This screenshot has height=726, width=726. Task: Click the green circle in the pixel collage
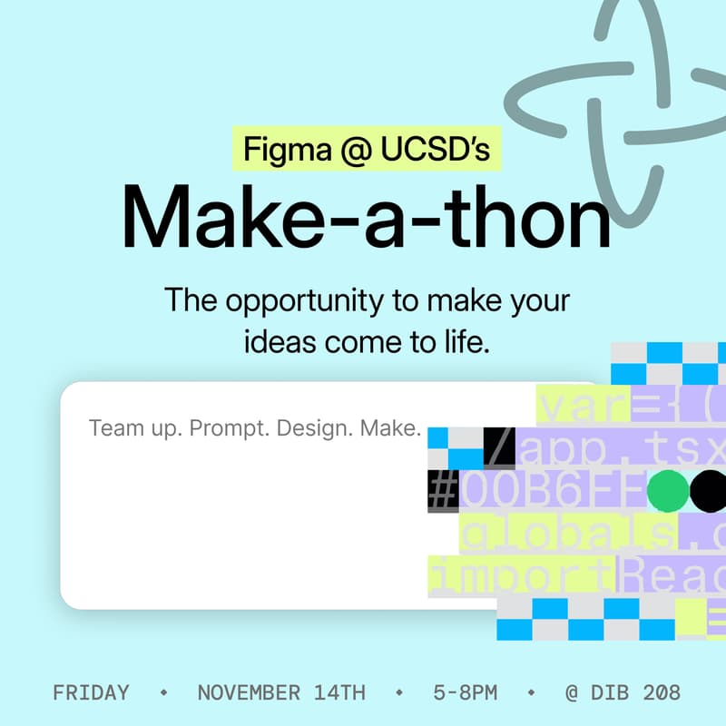668,491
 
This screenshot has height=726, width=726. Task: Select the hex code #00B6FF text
535,491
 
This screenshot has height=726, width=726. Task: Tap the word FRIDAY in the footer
91,692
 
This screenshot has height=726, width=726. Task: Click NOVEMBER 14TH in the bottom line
281,692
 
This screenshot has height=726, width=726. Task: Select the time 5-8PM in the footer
466,692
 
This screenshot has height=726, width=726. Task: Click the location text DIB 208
635,692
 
